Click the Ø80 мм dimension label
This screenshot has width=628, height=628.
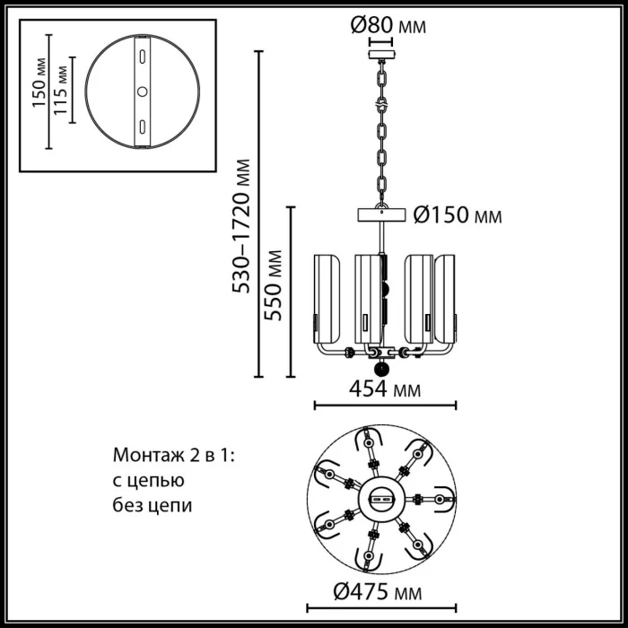tap(387, 26)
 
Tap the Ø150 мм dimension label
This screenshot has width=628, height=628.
tap(457, 215)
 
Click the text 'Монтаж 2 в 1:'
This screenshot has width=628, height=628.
tap(172, 456)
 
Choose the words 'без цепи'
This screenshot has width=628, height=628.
tap(153, 505)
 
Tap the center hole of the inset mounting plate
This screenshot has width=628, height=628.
tap(141, 92)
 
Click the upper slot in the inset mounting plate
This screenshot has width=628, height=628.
tap(141, 57)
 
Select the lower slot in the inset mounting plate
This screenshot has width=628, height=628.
tap(141, 125)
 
